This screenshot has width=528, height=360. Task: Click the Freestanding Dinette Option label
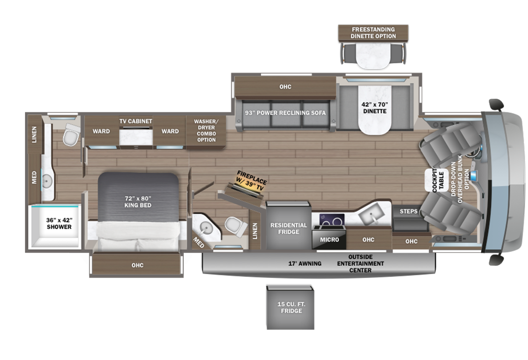coord(373,33)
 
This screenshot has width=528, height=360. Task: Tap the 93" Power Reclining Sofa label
coord(285,113)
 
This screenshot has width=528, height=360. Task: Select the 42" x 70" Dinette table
coord(375,110)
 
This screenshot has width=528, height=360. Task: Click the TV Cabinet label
coord(136,121)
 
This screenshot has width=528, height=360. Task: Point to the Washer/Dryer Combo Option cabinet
coord(206,132)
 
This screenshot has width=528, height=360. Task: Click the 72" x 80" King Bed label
coord(138,202)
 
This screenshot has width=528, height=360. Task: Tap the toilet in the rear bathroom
coord(71,134)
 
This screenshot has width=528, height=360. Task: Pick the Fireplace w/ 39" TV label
coord(251,181)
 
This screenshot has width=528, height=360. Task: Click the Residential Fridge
coord(288,226)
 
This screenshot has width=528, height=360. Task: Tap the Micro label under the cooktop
coord(329,240)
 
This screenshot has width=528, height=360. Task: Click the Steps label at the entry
coord(408,211)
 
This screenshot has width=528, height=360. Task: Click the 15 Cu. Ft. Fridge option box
coord(290,307)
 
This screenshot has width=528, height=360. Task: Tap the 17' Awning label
coord(304,264)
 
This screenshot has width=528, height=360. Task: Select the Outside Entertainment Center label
coord(360,264)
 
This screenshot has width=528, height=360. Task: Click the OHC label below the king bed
coord(137,265)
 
